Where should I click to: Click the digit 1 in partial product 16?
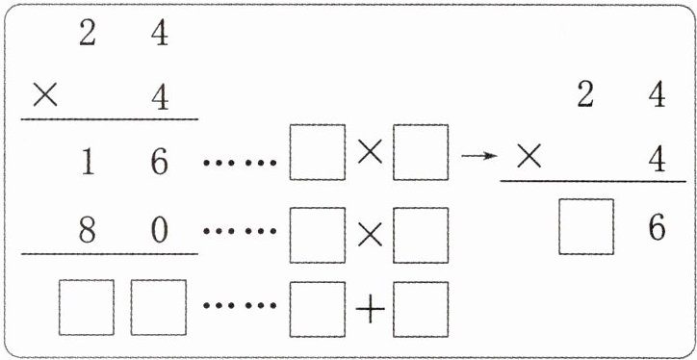pos(88,163)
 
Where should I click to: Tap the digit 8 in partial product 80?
pos(87,231)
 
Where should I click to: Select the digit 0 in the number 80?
pos(160,231)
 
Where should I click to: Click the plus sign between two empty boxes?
pos(371,309)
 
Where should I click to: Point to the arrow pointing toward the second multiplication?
pos(479,156)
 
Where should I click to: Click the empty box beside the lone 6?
pos(586,226)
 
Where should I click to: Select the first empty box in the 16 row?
pos(318,152)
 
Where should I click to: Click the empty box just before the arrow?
pos(421,152)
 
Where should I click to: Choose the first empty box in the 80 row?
pos(318,235)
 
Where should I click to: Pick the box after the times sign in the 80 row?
pos(421,235)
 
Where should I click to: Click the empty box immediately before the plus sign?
pos(318,309)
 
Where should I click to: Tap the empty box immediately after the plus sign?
pos(421,309)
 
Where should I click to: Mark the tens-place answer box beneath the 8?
pos(87,307)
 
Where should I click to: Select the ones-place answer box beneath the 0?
pos(159,307)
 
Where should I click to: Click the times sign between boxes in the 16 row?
pos(370,153)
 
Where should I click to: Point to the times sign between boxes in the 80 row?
pos(370,236)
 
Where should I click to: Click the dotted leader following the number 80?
pos(240,231)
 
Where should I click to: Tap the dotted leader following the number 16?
pos(240,163)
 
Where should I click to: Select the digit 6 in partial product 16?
pos(160,163)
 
